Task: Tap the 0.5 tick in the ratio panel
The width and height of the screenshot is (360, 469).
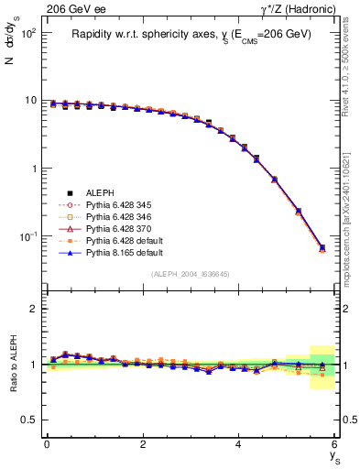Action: tap(28, 420)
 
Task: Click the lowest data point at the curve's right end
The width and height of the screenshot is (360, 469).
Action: tap(321, 248)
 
